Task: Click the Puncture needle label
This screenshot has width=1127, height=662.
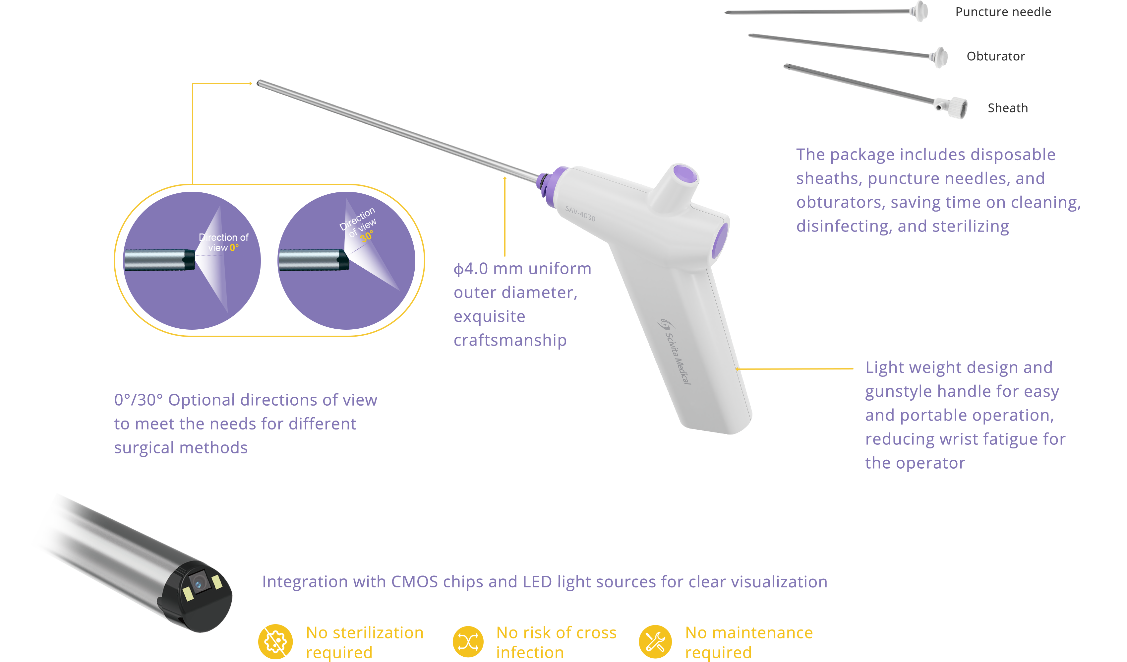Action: click(1003, 12)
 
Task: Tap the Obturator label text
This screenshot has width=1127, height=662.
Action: click(995, 56)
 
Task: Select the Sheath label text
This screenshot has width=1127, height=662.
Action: click(1008, 108)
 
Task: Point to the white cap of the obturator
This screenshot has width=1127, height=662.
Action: click(940, 57)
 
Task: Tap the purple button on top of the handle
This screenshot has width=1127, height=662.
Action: click(685, 174)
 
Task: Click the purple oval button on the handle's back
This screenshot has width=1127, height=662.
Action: click(720, 241)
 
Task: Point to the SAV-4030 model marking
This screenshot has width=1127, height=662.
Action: click(580, 214)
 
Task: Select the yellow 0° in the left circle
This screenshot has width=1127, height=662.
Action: click(234, 247)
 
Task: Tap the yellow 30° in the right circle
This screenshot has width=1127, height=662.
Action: click(367, 236)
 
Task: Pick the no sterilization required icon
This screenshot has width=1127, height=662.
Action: click(275, 641)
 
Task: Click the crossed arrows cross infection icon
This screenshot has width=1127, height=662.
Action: click(468, 641)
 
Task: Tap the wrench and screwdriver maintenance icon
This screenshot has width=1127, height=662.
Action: click(655, 641)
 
